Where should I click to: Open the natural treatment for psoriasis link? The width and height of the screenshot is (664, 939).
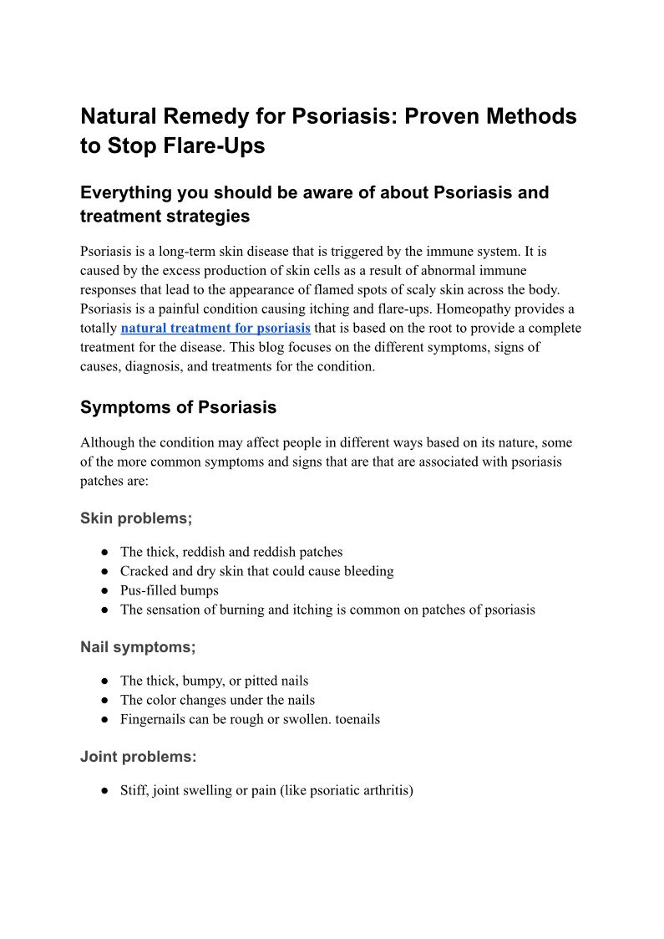click(215, 328)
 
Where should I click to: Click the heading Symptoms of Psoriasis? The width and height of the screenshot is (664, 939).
click(178, 407)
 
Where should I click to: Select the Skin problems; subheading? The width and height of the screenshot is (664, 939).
click(136, 518)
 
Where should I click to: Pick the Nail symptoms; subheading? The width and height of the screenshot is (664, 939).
click(138, 647)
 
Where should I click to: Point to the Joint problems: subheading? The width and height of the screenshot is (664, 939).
click(138, 757)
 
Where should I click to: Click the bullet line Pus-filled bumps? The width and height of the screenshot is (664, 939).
click(170, 590)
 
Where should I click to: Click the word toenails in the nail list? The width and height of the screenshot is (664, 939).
click(357, 719)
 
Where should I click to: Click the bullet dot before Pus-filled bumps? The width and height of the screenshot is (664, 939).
click(105, 590)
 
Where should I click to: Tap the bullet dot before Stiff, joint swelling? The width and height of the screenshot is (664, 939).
click(105, 790)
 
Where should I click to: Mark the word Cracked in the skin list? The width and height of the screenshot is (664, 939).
click(143, 571)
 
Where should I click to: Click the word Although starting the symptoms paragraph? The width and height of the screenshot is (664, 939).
click(109, 442)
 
